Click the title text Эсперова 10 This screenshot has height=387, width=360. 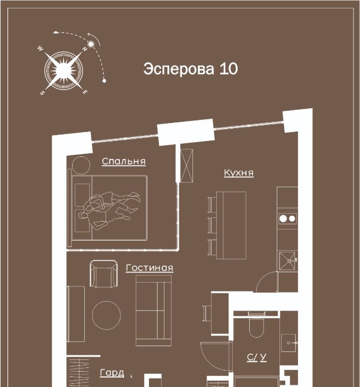[190, 68]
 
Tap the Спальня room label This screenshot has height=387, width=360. [124, 161]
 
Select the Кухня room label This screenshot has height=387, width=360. [239, 172]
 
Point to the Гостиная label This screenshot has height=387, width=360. [150, 268]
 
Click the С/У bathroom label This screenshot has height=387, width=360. [257, 357]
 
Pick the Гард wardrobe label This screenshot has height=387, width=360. [112, 373]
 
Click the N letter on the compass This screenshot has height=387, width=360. [85, 49]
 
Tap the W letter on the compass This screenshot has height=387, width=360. [40, 48]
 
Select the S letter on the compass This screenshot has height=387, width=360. [42, 93]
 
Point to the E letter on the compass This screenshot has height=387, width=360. [85, 92]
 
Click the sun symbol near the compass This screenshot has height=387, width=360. [91, 44]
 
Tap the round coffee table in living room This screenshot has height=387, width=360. [107, 315]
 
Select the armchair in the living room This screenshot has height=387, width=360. [104, 274]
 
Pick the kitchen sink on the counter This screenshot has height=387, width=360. [287, 261]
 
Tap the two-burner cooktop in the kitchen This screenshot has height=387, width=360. [287, 218]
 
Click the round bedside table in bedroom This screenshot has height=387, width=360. [81, 165]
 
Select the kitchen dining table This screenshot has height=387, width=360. [231, 225]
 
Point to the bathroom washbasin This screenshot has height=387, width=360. [288, 343]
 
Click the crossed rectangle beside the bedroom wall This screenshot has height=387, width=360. [187, 165]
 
